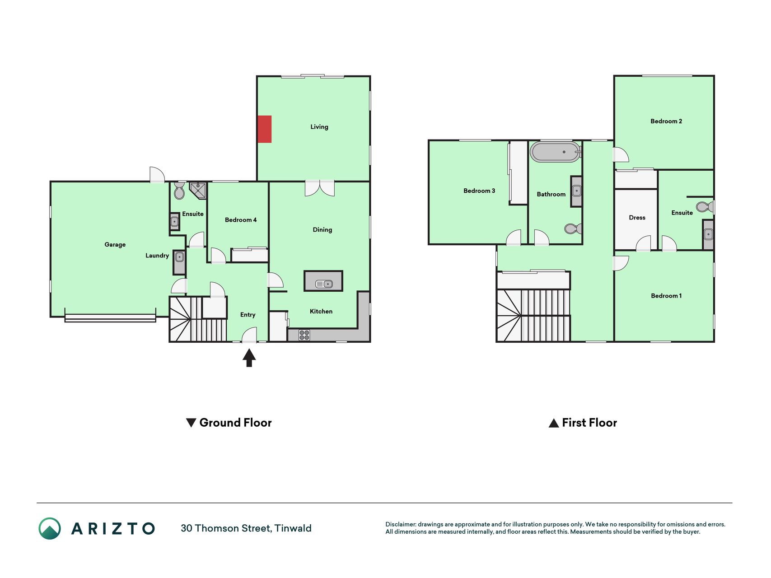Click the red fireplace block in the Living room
pos(265,129)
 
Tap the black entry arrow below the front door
pos(249,358)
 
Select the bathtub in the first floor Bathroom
pos(555,152)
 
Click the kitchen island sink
pos(324,284)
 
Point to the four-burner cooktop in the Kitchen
pos(304,335)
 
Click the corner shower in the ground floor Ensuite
pos(198,190)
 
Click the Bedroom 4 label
pos(241,220)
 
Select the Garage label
pos(115,244)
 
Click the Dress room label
pos(637,218)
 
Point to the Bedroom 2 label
pos(666,121)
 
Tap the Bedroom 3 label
pos(479,191)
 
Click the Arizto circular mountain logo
pos(50,528)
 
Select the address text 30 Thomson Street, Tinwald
pos(246,528)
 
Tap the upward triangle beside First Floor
pos(554,423)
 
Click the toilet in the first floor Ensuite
pos(705,207)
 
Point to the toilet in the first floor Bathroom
pos(573,229)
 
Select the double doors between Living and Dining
pos(320,188)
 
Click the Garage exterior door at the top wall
pos(157,175)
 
